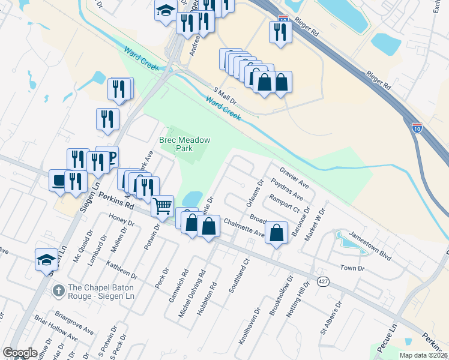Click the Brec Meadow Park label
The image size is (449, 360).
pos(185,143)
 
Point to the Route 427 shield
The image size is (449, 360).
pos(323,282)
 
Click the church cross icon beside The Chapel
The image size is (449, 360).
pos(58,291)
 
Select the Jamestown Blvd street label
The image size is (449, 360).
pos(370,247)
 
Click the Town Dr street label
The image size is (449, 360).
pos(352,268)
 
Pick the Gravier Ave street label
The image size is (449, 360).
pos(294,177)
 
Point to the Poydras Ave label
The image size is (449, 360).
pos(286,189)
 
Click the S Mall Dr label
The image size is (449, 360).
pos(223,94)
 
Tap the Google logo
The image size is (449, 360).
pos(20,353)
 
